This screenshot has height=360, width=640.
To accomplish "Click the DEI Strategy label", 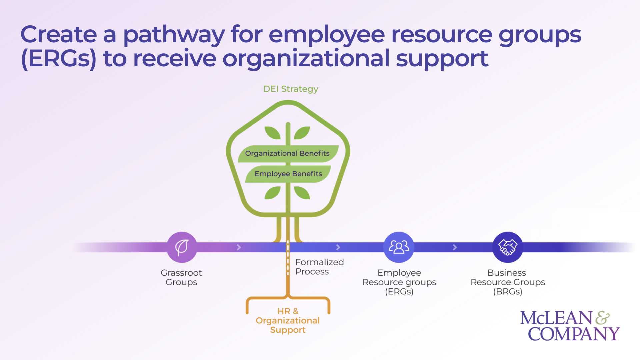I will point(290,89).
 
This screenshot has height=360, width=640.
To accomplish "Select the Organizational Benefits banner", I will point(287,153).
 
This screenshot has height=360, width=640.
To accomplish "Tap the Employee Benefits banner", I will point(288,174).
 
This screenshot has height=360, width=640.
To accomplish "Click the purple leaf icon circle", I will point(182,247).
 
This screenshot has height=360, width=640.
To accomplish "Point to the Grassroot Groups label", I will point(181,277).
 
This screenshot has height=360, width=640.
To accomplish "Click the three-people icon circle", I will point(399,247).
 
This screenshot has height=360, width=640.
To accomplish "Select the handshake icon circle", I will point(507,247).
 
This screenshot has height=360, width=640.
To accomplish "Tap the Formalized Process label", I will point(319,267).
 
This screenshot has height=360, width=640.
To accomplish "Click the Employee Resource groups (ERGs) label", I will point(399,282).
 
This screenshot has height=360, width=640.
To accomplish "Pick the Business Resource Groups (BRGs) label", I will point(507,282).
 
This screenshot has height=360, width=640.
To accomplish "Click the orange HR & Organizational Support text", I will point(288,320).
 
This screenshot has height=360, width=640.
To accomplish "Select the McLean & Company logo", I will point(569,326).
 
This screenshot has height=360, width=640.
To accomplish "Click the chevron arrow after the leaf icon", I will point(239,247).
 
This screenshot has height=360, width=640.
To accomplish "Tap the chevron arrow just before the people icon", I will point(338,247).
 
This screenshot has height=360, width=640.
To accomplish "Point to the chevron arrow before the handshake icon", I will point(455,247).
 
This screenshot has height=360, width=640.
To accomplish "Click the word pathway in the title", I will point(174,35).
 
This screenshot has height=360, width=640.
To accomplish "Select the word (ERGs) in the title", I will point(59,59).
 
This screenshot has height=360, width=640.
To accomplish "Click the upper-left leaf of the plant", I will point(272,133).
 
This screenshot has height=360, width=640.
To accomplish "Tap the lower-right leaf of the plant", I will point(302,193).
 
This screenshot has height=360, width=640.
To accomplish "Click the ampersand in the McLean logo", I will point(602,318).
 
